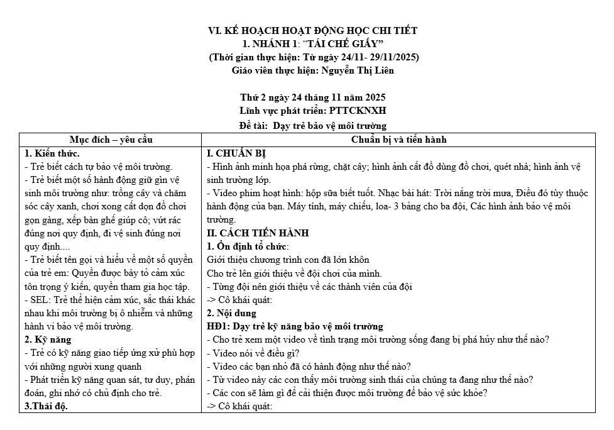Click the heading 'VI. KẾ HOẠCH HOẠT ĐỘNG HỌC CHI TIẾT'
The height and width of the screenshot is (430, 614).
coord(312,30)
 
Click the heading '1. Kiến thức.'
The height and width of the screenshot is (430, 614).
coord(52,153)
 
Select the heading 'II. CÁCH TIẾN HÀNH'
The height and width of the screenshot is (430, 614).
coord(258,233)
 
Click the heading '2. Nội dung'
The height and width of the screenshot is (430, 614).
coord(231,313)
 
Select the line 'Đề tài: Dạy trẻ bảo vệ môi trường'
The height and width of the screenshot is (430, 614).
coord(312,125)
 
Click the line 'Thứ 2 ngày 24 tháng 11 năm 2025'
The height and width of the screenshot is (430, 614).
coord(312,97)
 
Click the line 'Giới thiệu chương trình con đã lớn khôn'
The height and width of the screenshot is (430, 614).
coord(288,260)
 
